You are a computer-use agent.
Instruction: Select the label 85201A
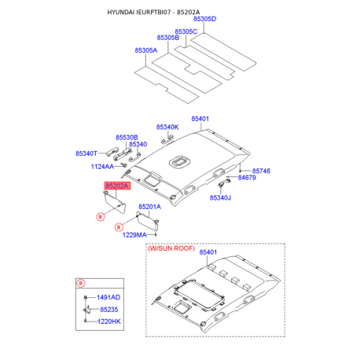pyautogui.click(x=149, y=207)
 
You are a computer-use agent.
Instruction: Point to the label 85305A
pyautogui.click(x=145, y=50)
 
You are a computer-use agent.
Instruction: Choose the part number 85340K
pyautogui.click(x=167, y=127)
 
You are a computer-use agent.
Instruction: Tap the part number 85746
pyautogui.click(x=260, y=171)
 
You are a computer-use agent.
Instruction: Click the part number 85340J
pyautogui.click(x=222, y=198)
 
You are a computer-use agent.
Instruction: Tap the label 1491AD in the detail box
pyautogui.click(x=109, y=298)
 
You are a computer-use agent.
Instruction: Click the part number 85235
pyautogui.click(x=107, y=310)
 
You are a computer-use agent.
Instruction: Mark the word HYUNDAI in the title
pyautogui.click(x=125, y=11)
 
